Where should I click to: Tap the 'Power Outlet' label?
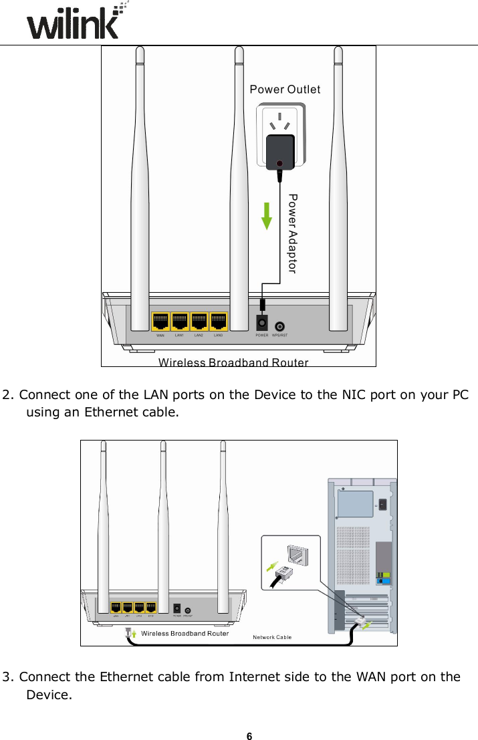[285, 90]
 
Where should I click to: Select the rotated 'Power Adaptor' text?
[291, 233]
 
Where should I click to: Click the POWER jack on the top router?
[262, 323]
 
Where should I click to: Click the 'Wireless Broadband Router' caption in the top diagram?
[233, 363]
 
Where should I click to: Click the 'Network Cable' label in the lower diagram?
[271, 637]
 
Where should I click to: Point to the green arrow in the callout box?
[271, 566]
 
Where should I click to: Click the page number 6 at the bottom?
[249, 736]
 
